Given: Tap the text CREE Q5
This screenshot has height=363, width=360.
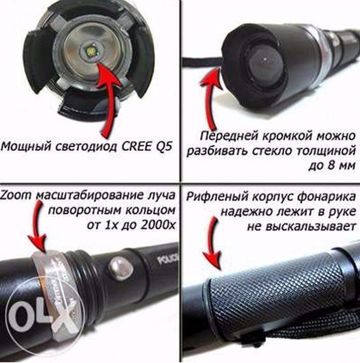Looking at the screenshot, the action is tap(147, 146).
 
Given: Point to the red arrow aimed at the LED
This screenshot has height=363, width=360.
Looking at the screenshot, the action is tap(109, 93).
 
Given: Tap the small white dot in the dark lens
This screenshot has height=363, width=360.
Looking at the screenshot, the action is tap(265, 59).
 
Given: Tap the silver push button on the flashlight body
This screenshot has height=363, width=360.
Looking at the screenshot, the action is tap(121, 268).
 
